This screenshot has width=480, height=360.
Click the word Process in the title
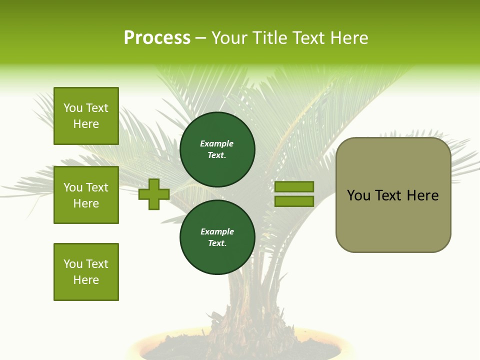[x=157, y=38]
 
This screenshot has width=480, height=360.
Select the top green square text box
[x=86, y=116]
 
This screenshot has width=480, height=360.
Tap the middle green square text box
[x=86, y=195]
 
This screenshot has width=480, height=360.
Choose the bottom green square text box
[x=86, y=272]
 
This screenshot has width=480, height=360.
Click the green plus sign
[x=154, y=194]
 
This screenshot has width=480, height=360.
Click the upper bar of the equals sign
[x=294, y=186]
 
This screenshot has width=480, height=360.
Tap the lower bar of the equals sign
[x=294, y=201]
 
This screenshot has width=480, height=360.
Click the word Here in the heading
[x=348, y=38]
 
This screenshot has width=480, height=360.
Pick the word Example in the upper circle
[x=217, y=144]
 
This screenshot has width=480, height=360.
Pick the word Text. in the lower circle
[x=217, y=243]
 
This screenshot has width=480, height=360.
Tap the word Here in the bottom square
[x=86, y=280]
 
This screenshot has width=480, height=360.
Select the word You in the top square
[x=73, y=108]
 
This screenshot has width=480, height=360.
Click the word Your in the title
[x=230, y=38]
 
